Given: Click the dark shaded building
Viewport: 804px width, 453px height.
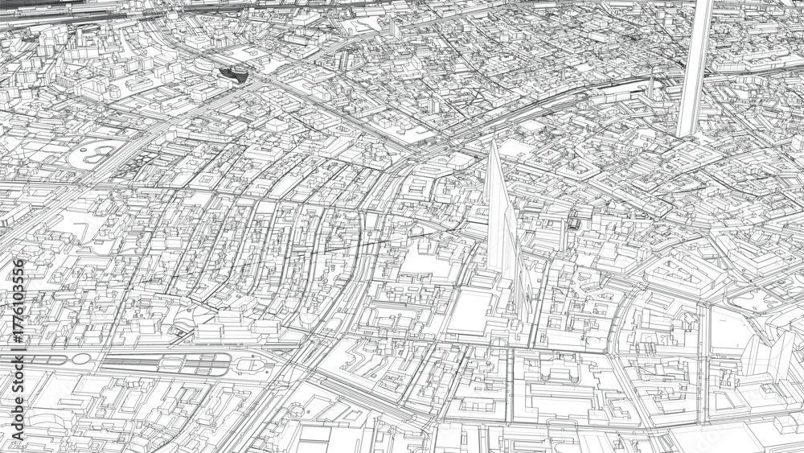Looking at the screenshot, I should pos(234,74).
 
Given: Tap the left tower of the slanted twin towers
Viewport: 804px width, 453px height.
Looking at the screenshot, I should pos(753,358).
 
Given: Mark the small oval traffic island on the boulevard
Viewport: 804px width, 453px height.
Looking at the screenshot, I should pos(81,358).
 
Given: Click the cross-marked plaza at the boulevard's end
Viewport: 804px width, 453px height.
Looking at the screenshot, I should pos(252,364).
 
